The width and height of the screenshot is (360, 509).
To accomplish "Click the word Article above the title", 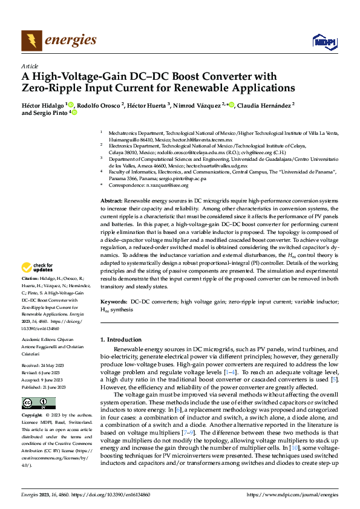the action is coord(30,66).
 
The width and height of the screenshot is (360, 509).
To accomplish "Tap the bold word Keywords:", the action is coord(114,301).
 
